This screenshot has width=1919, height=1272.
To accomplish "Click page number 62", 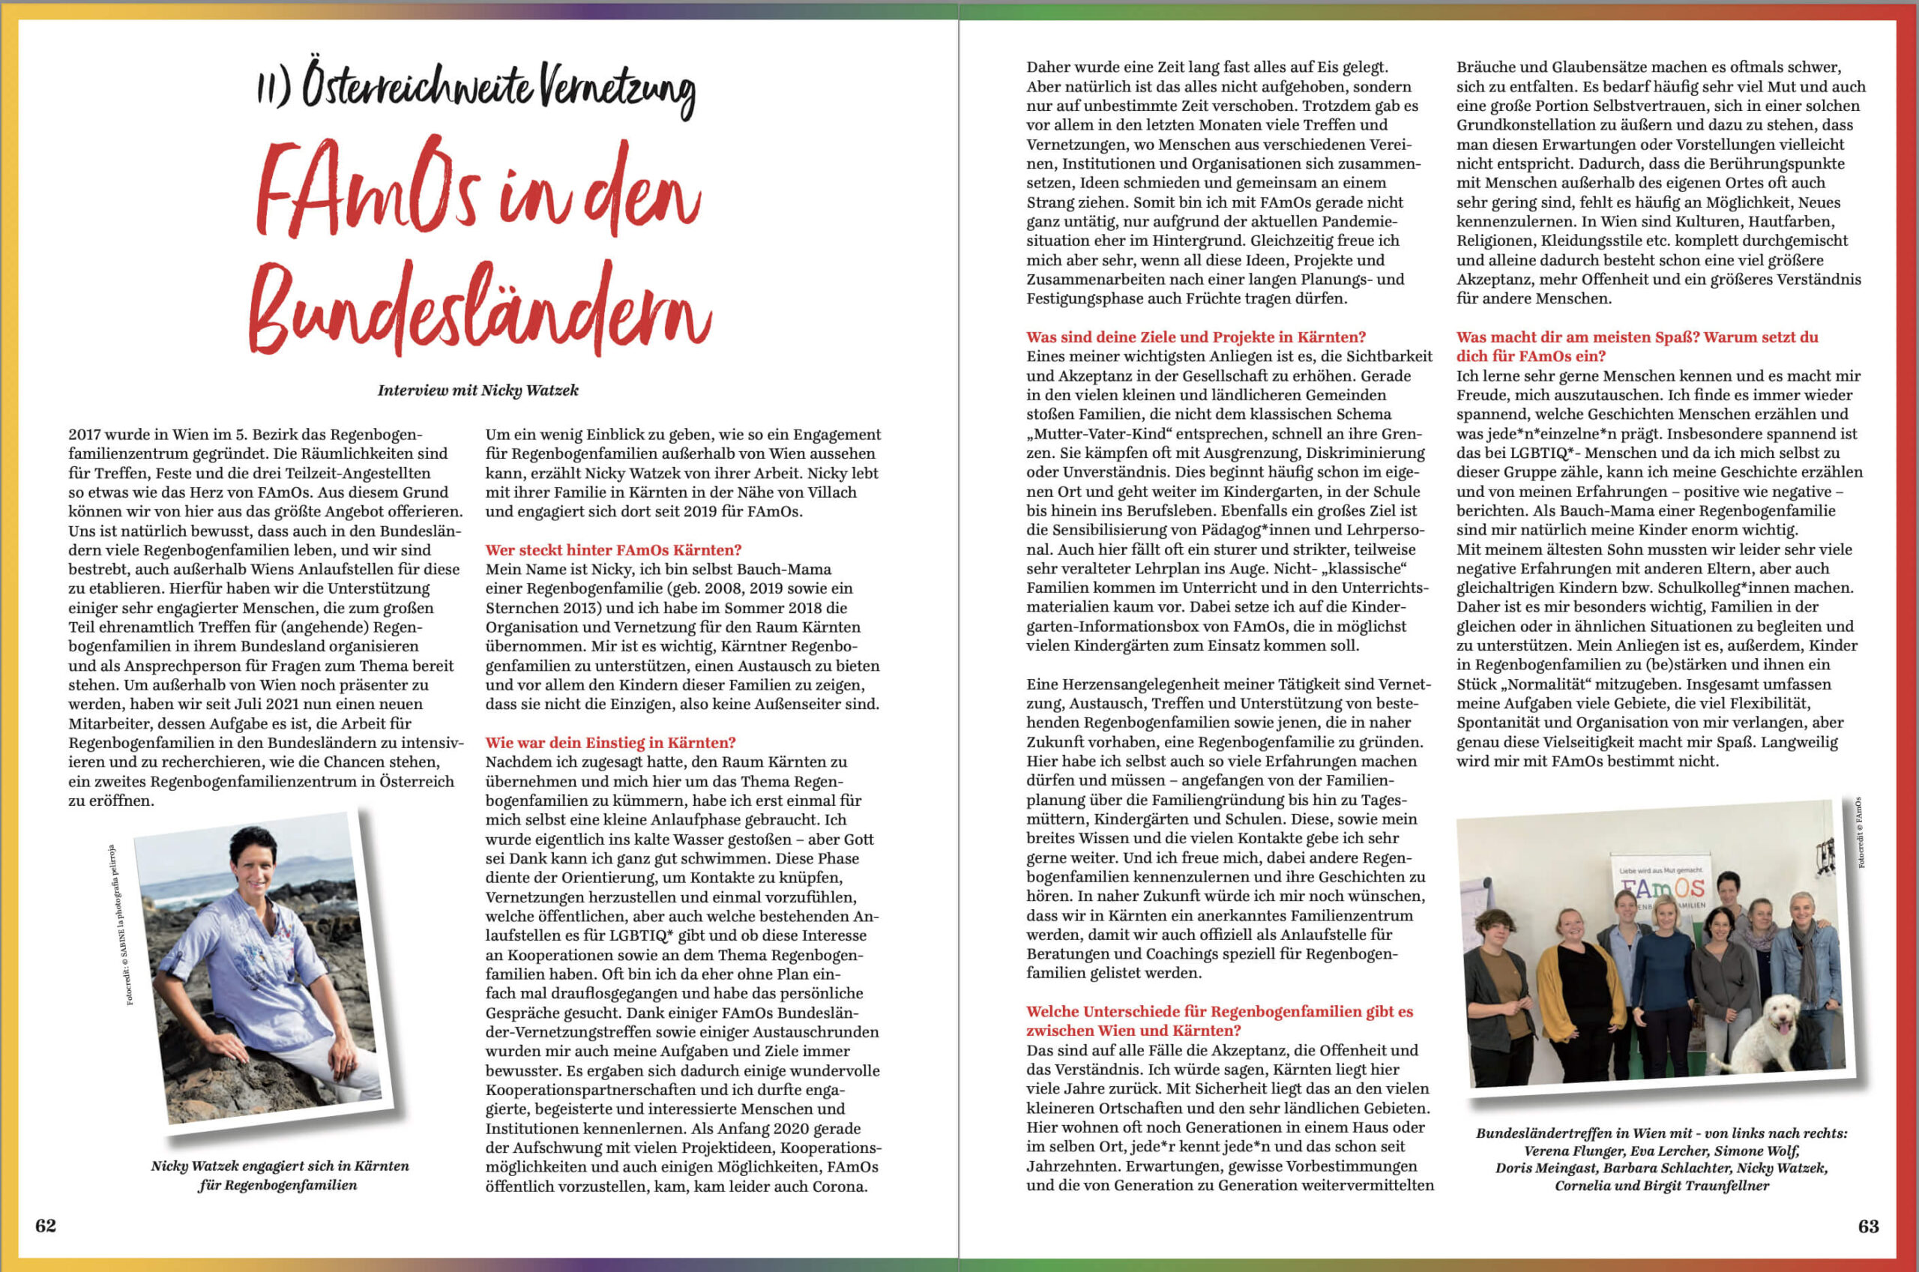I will (x=46, y=1225).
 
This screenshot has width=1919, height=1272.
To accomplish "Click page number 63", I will (x=1868, y=1226).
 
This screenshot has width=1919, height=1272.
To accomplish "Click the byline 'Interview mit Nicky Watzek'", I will (x=478, y=391).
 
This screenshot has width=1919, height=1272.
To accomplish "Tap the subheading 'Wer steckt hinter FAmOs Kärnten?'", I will (x=613, y=550).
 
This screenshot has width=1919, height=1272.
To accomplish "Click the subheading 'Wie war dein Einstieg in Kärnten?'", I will (x=610, y=742).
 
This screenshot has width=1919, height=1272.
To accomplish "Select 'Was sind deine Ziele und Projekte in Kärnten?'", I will (x=1196, y=337).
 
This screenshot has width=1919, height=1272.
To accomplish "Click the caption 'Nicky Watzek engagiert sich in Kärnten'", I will (x=280, y=1166).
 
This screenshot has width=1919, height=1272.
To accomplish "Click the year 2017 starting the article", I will (x=85, y=435).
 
